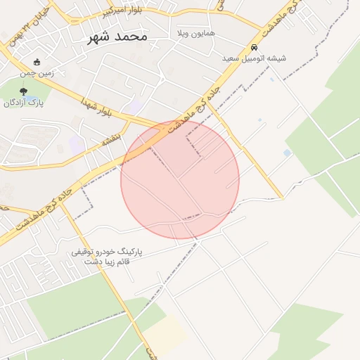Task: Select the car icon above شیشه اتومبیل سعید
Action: pyautogui.click(x=253, y=48)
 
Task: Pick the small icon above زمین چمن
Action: pyautogui.click(x=37, y=62)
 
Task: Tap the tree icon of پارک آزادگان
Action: pyautogui.click(x=25, y=91)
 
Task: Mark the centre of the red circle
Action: pyautogui.click(x=180, y=180)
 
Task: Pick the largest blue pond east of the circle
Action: pyautogui.click(x=287, y=153)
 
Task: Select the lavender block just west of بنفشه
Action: pyautogui.click(x=77, y=146)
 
